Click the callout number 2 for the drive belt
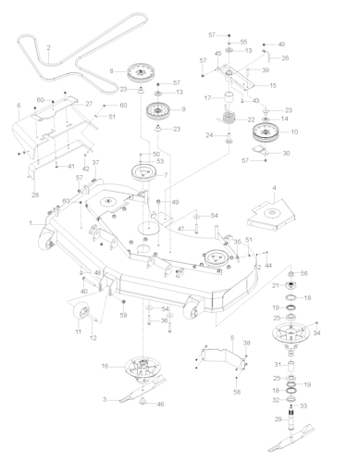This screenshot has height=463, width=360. [x=48, y=47]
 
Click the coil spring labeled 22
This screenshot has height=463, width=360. [x=226, y=118]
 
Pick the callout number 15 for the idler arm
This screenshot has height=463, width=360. [x=272, y=84]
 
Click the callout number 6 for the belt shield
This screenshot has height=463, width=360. [x=18, y=108]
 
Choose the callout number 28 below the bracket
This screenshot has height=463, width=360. [x=35, y=194]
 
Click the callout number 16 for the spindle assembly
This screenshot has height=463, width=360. [x=106, y=366]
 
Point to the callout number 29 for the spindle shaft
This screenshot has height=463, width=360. [x=277, y=419]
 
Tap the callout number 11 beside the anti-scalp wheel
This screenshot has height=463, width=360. [x=79, y=331]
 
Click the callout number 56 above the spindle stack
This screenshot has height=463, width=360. [x=303, y=274]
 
